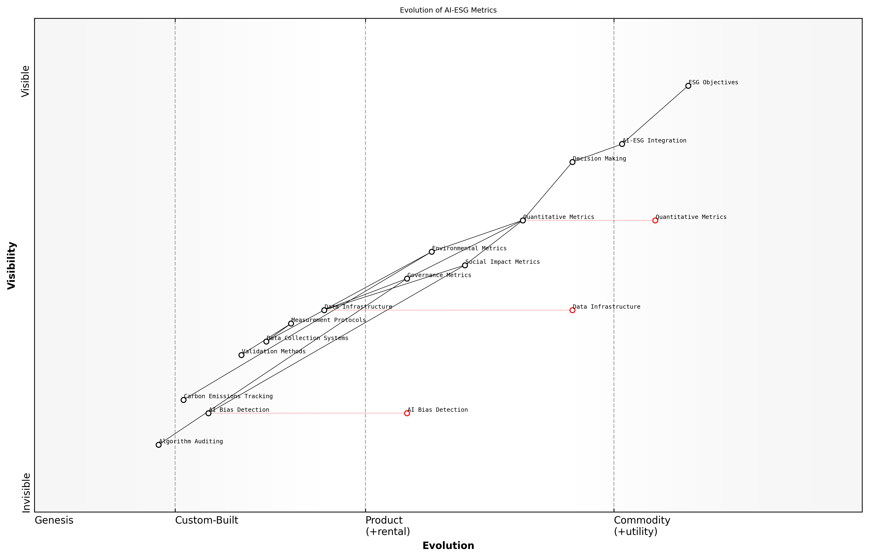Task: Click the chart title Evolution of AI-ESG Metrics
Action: tap(448, 10)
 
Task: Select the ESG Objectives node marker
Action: tap(688, 86)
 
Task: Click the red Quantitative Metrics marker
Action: tap(655, 220)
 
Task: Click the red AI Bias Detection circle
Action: tap(407, 413)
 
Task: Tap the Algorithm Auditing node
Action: tap(159, 445)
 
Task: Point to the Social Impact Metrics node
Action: tap(465, 265)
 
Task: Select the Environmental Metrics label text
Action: tap(469, 248)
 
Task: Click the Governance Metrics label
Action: tap(439, 275)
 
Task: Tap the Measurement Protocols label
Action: tap(328, 320)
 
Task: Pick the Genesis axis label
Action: tap(54, 520)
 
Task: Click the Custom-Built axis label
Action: tap(206, 520)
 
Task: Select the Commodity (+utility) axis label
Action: tap(642, 525)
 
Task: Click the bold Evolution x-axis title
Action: tap(448, 545)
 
